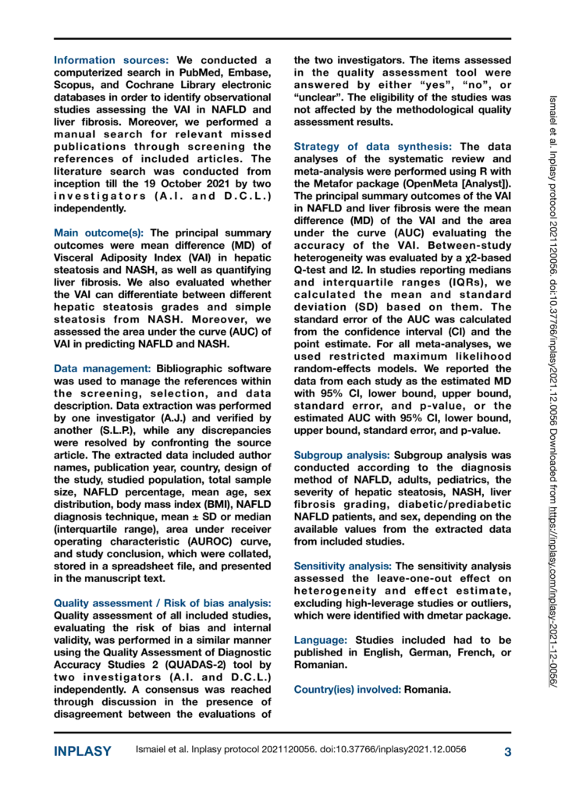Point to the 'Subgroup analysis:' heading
click(x=341, y=474)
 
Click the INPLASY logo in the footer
click(x=82, y=752)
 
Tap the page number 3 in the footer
click(x=506, y=752)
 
